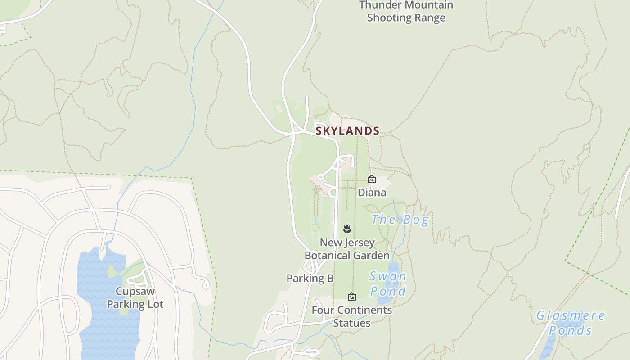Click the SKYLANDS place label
(x=347, y=131)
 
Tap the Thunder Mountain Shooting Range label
(x=406, y=12)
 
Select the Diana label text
(x=372, y=193)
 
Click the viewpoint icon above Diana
(x=372, y=179)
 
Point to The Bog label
(x=400, y=220)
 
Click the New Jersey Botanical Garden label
(x=347, y=249)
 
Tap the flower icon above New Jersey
(x=347, y=229)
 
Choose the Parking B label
(x=310, y=279)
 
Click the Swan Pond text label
(x=387, y=283)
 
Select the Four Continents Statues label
(x=352, y=316)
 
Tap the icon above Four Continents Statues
(x=352, y=297)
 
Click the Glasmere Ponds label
(x=570, y=323)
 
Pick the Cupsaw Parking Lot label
(x=135, y=297)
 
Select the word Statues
(x=352, y=323)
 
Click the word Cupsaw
(x=135, y=291)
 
